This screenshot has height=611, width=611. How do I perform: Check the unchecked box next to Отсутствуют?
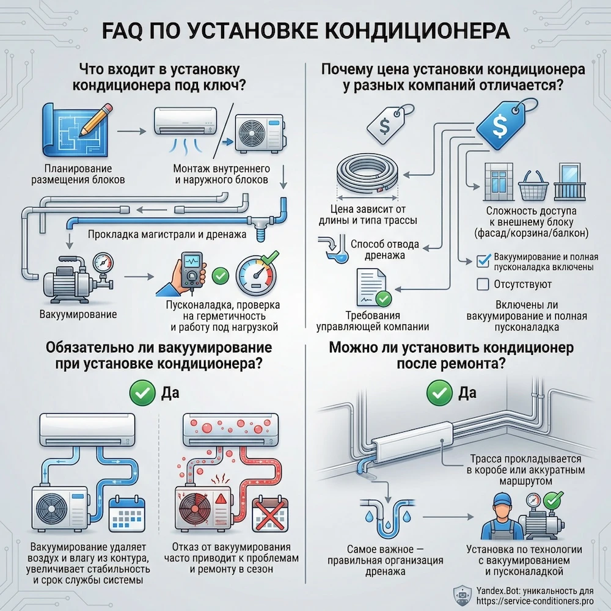482,284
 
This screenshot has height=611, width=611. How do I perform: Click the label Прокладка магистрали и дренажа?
166,234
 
